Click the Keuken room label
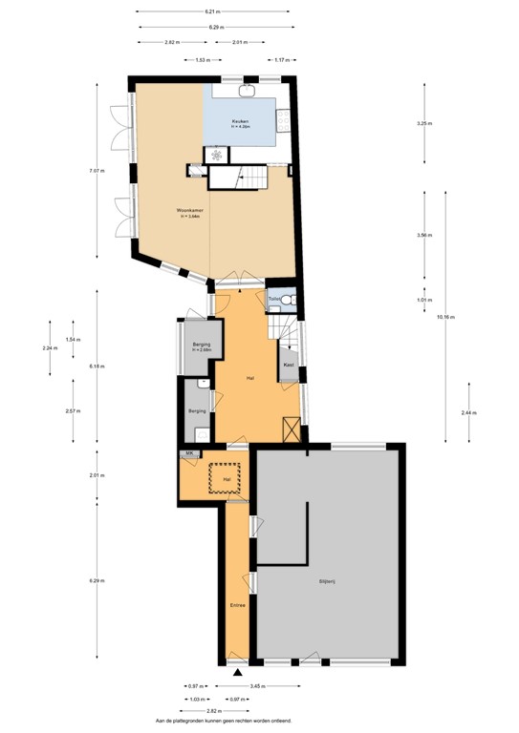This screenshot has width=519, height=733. (x=241, y=122)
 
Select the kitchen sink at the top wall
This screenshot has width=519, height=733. (x=245, y=93)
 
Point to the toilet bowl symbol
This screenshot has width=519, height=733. (x=289, y=299)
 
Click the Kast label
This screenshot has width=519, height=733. (x=288, y=364)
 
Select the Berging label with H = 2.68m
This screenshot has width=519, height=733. (x=201, y=346)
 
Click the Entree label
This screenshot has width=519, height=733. (x=237, y=605)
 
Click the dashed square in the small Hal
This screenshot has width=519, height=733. (x=227, y=476)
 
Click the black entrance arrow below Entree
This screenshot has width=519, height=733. (x=237, y=674)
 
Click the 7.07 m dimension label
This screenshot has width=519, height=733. (x=97, y=171)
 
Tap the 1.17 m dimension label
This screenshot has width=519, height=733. (x=282, y=60)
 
